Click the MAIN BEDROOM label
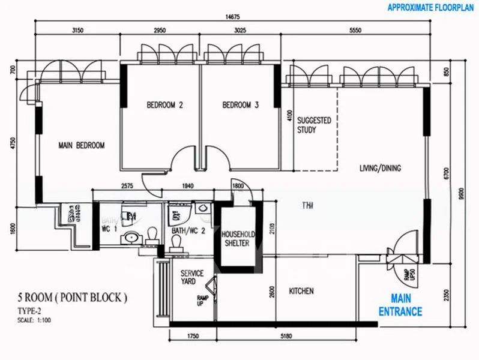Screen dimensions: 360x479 82,145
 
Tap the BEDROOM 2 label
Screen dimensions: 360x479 164,105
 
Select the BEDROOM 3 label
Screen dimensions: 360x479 240,105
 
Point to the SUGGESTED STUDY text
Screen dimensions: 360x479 314,125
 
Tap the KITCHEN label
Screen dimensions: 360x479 301,291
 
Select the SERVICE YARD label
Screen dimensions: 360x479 192,277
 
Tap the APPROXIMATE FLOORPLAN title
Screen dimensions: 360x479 431,8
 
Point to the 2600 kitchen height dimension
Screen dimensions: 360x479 273,292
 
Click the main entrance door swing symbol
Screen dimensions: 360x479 397,246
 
